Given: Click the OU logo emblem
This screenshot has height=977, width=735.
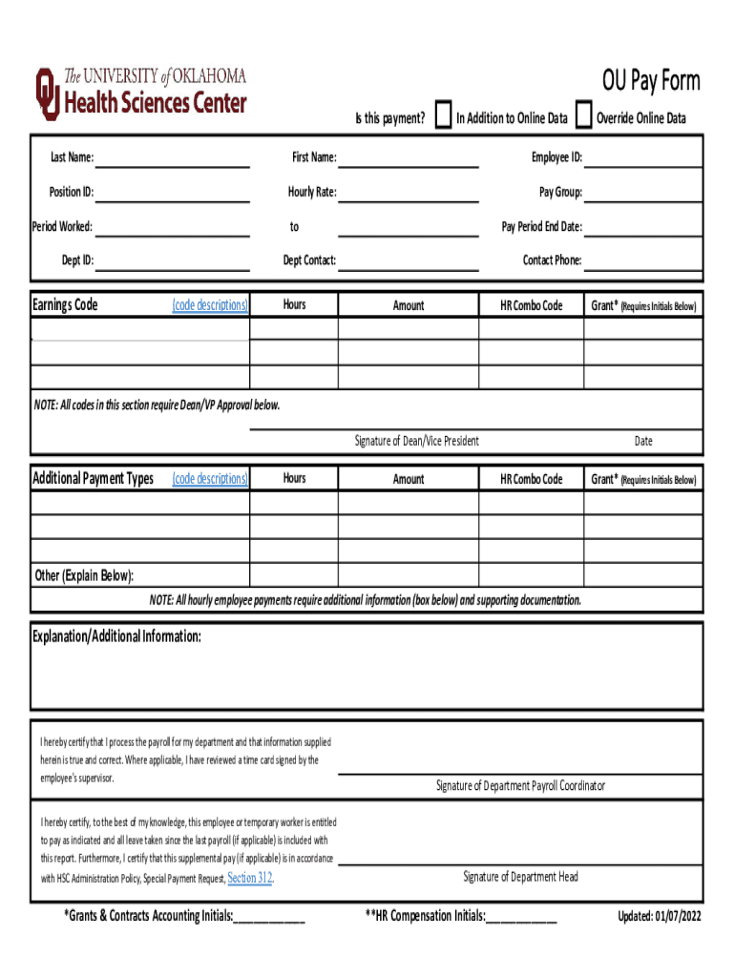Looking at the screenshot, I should [46, 93].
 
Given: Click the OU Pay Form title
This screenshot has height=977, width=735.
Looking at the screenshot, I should [650, 81].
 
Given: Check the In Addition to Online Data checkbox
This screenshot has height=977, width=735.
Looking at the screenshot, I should [443, 116].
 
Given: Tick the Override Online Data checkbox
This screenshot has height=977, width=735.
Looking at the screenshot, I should [584, 116].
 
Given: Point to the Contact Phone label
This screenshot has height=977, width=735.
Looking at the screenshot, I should [552, 260].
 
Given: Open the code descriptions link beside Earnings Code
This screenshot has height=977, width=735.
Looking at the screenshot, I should [210, 305].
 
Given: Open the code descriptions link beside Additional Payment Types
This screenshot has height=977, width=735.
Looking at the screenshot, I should [210, 479].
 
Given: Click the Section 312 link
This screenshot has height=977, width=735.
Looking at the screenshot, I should [251, 878].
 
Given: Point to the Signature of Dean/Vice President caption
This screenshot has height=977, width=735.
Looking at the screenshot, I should [416, 441].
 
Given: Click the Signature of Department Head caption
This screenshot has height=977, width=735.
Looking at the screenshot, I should [520, 877].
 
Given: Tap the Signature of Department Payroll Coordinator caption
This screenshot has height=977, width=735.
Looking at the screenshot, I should [520, 786].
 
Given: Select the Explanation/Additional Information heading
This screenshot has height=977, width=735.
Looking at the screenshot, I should [116, 636].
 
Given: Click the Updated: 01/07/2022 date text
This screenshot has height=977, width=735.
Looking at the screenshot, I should [659, 917].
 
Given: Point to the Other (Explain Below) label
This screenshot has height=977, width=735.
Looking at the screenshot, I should [84, 575].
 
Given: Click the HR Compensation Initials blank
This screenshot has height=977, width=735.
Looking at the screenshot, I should [521, 918].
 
